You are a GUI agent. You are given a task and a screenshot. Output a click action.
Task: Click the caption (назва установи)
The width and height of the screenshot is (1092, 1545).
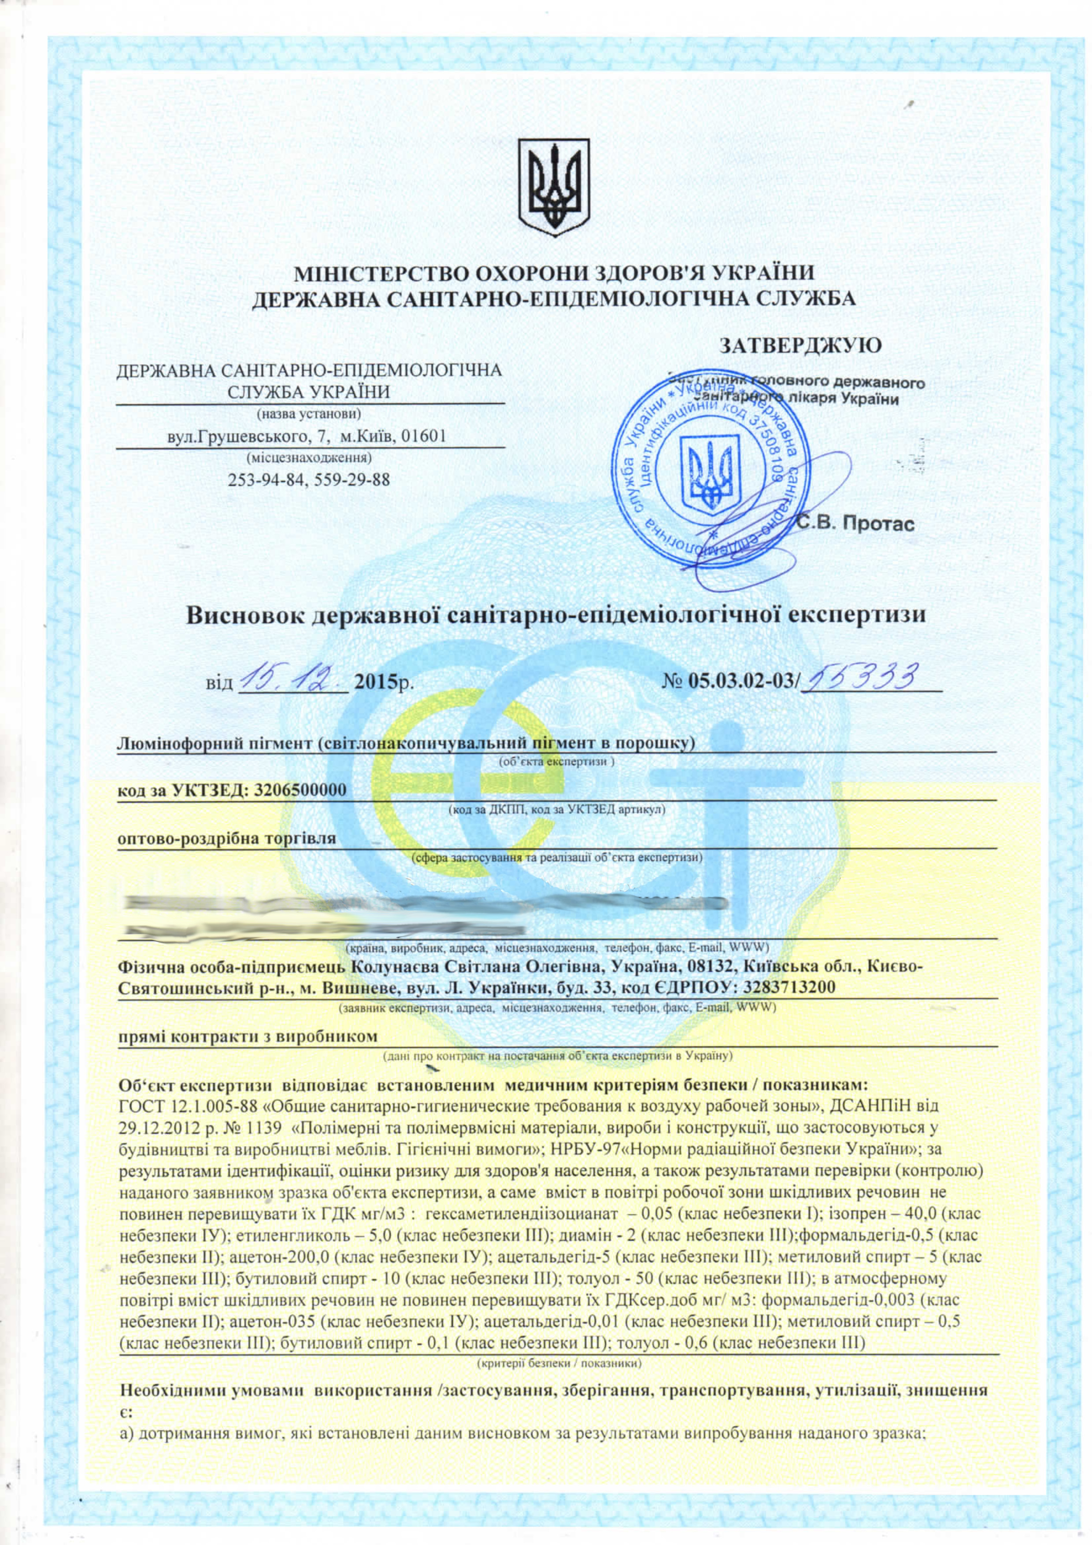(310, 413)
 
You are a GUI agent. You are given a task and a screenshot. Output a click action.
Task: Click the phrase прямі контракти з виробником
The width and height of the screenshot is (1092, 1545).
(247, 1036)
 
